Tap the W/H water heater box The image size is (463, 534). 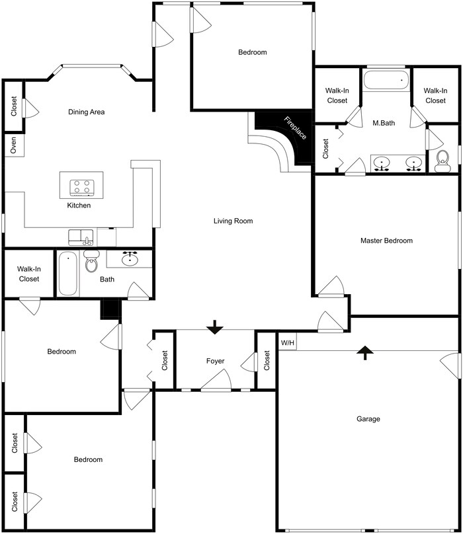[x=287, y=343]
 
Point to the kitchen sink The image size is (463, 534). [x=81, y=237]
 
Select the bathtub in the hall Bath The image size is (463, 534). [x=67, y=274]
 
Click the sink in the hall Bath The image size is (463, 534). [x=129, y=258]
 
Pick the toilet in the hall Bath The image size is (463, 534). [x=91, y=262]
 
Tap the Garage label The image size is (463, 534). [x=368, y=419]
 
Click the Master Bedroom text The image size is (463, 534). [x=386, y=241]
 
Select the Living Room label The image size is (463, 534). [x=233, y=221]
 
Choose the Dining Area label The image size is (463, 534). [x=87, y=112]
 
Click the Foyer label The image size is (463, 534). [x=215, y=362]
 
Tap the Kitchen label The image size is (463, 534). [x=79, y=206]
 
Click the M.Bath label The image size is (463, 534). [x=384, y=123]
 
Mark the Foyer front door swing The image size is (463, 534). [x=217, y=381]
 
